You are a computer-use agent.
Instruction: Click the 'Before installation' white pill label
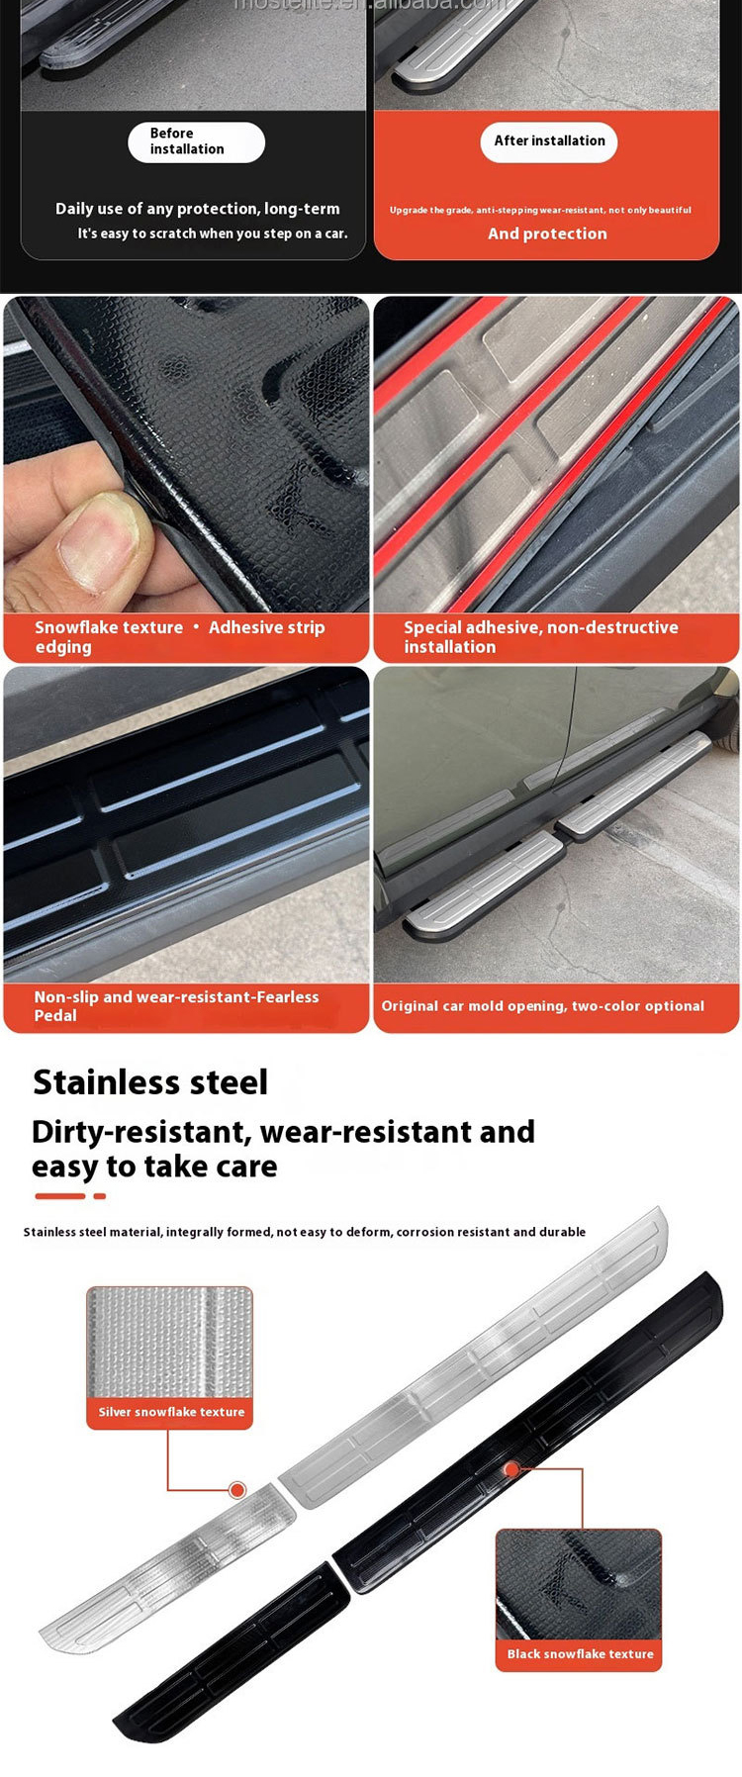click(196, 141)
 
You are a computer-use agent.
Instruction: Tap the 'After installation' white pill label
click(549, 141)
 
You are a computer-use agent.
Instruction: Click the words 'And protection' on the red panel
click(547, 234)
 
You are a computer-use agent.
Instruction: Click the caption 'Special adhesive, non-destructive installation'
click(541, 636)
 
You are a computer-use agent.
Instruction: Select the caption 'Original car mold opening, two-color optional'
click(543, 1006)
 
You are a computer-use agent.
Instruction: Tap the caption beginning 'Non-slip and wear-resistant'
click(176, 1005)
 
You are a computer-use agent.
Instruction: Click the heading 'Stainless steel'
click(150, 1082)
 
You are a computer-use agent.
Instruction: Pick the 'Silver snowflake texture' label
click(171, 1412)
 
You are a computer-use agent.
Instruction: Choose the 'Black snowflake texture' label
click(580, 1654)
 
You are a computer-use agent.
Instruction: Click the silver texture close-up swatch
click(170, 1342)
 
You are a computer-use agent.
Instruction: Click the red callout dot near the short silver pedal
click(237, 1490)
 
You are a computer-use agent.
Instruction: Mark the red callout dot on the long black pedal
click(511, 1469)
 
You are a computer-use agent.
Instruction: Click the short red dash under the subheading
click(99, 1196)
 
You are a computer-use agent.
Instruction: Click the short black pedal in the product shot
click(232, 1652)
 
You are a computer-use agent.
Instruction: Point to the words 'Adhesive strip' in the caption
click(266, 627)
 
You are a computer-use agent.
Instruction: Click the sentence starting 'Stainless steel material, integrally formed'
click(304, 1232)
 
